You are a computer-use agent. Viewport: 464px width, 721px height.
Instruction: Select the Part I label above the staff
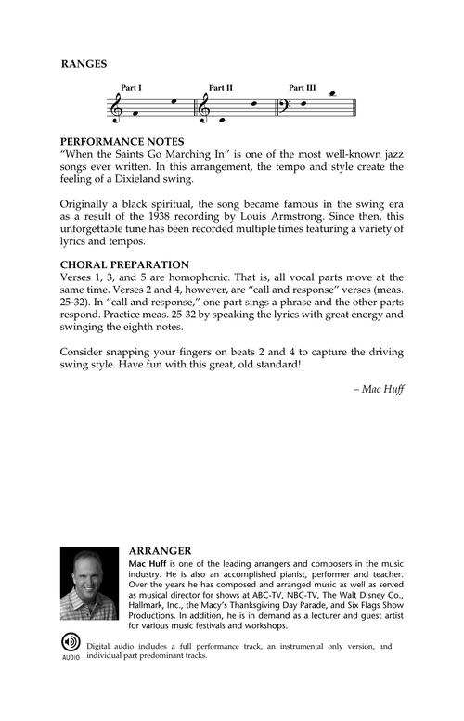[x=131, y=88]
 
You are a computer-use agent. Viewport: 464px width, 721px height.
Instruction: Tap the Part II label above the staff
[x=220, y=88]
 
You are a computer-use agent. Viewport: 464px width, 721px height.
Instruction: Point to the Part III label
[x=302, y=88]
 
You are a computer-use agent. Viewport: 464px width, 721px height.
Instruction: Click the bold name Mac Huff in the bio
[x=145, y=563]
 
